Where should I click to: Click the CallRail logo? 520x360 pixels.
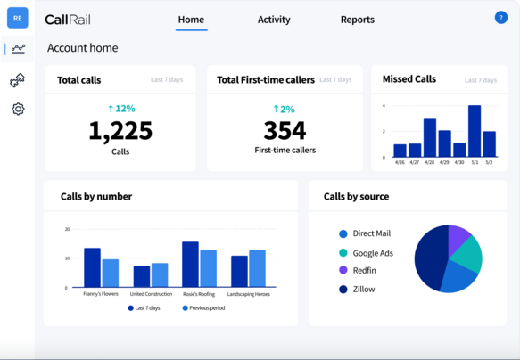[67, 20]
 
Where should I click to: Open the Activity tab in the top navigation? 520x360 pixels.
[274, 20]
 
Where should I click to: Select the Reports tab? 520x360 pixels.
[357, 20]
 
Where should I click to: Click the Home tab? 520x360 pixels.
[191, 20]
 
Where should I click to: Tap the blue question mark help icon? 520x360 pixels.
[500, 18]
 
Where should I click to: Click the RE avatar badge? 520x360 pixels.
[18, 18]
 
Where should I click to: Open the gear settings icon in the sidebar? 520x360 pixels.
[18, 110]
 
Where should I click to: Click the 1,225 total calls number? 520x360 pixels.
[120, 131]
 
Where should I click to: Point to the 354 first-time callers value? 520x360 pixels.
[285, 131]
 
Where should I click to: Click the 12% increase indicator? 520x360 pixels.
[121, 109]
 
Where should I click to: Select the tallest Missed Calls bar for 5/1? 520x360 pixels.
[475, 131]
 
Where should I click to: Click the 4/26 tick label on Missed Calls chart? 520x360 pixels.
[400, 162]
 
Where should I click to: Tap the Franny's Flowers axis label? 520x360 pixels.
[101, 294]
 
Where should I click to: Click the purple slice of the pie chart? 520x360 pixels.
[459, 236]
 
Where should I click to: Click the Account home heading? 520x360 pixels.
[82, 48]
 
